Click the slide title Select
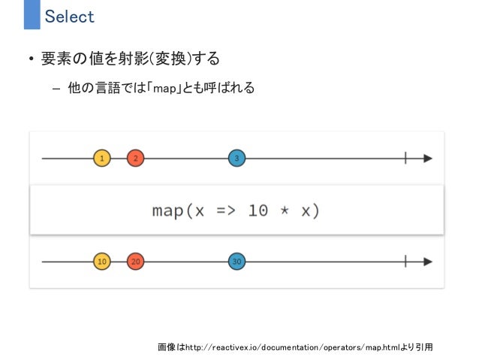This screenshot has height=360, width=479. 69,16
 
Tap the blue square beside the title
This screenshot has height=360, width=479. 31,15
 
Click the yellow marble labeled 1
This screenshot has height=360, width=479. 102,159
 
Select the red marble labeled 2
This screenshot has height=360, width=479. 135,159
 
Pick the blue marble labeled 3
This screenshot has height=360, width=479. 237,159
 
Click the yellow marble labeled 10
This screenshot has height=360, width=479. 102,262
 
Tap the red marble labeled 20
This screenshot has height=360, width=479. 135,262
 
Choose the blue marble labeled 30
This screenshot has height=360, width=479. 237,262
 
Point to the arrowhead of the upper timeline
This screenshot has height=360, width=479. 428,159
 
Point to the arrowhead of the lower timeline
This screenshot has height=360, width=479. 428,262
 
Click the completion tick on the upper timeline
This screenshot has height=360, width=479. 405,159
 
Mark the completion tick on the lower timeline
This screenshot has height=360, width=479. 405,262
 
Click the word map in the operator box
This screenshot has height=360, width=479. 167,210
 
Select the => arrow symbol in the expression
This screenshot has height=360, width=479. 226,210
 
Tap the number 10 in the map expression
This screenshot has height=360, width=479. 258,210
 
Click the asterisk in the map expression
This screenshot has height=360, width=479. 285,210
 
